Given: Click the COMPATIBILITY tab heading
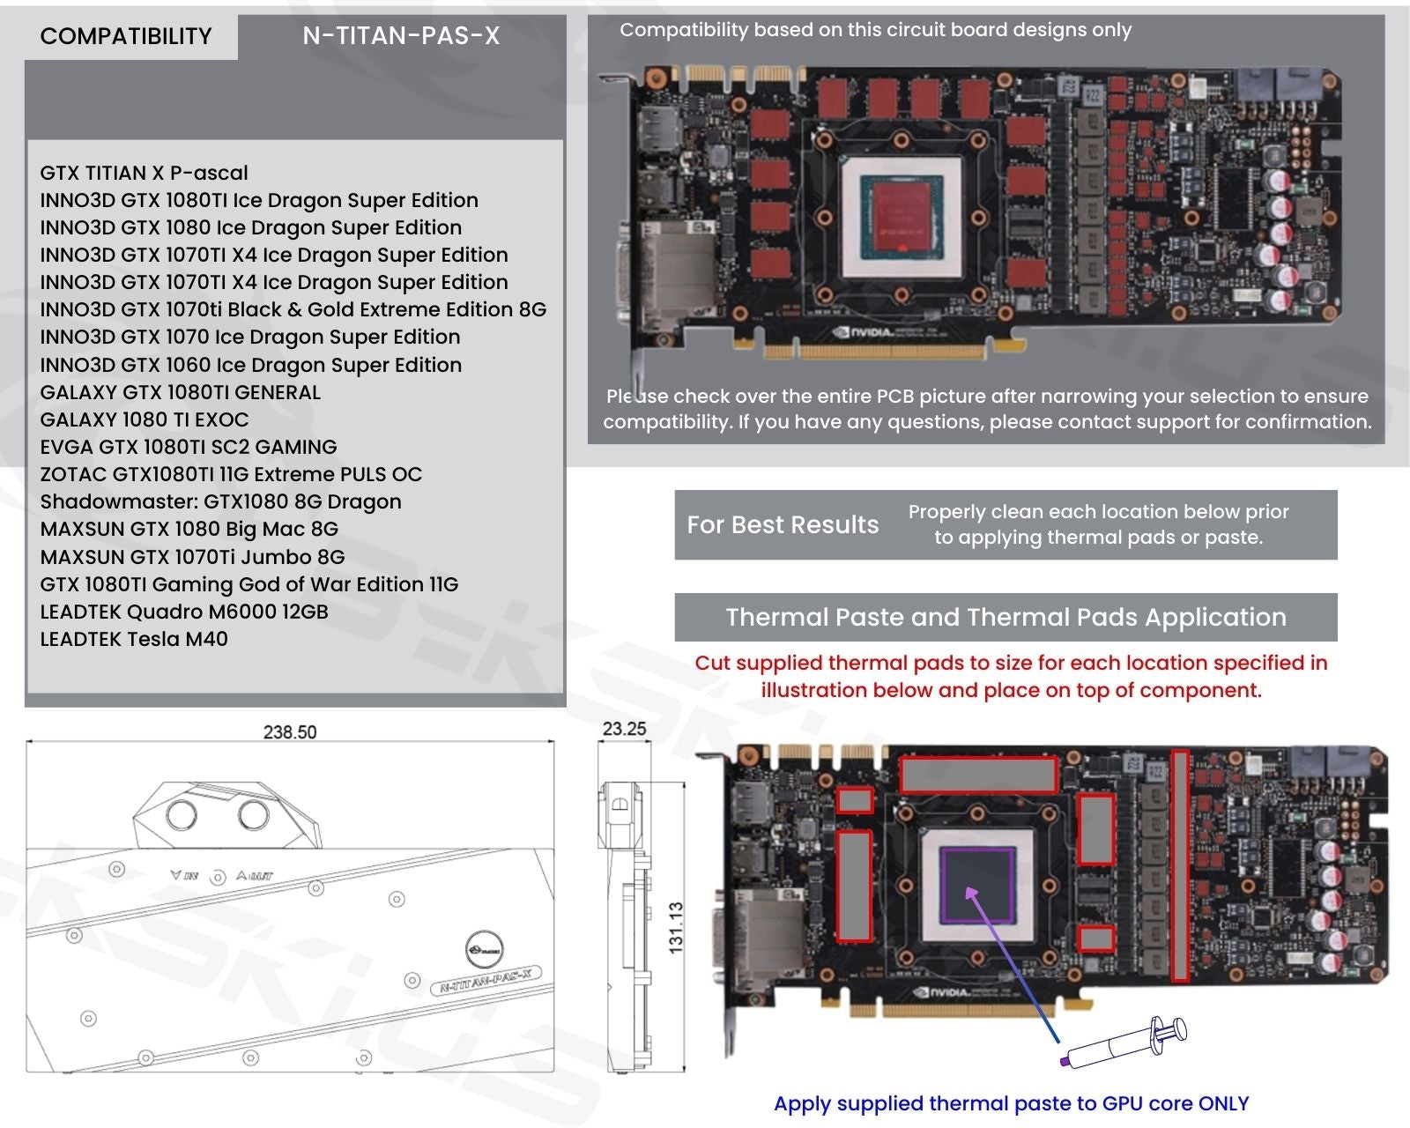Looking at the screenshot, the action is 126,36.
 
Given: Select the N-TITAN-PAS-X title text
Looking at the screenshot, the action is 401,36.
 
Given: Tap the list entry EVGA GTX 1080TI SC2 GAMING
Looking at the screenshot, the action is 188,447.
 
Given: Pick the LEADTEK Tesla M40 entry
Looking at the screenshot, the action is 134,639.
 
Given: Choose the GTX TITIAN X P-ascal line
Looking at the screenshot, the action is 145,173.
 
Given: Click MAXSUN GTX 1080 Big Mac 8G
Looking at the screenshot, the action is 189,529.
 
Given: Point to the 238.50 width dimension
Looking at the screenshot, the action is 290,732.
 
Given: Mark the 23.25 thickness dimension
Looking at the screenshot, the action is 624,729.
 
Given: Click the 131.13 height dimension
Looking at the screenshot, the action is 676,927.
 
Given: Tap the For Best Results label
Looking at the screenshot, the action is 783,525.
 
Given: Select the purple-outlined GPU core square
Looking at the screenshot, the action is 978,885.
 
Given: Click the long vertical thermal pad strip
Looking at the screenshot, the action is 1180,865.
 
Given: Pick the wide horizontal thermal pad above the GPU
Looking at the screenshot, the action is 978,775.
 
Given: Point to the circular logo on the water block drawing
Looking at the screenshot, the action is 484,948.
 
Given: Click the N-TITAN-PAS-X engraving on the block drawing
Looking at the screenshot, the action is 486,981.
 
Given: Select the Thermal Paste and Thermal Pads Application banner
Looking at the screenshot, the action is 1006,618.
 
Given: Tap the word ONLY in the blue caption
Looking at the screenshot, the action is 1223,1104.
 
